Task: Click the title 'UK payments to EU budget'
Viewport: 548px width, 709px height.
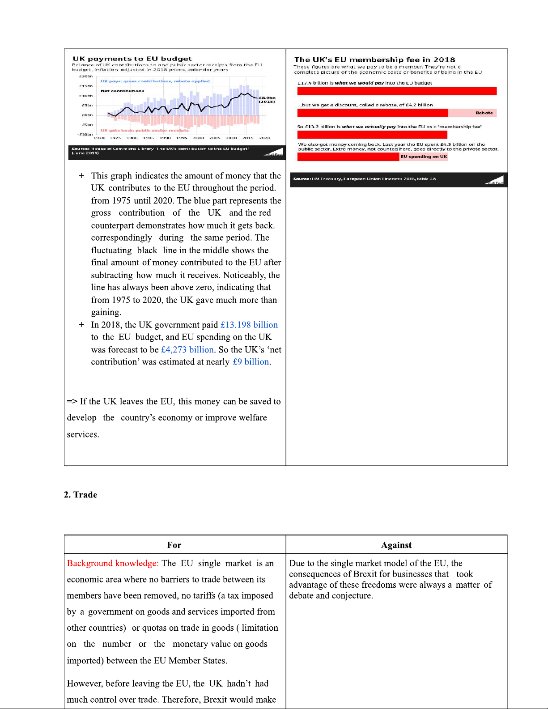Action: click(x=132, y=59)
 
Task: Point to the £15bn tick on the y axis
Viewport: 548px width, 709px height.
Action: click(x=86, y=86)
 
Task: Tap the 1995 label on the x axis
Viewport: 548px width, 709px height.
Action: click(x=182, y=138)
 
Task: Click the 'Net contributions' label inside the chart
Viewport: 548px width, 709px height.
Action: click(x=122, y=91)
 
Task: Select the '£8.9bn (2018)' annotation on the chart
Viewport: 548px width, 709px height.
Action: click(x=267, y=99)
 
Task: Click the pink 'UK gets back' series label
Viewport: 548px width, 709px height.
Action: click(x=144, y=131)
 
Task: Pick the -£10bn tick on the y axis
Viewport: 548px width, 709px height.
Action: click(x=85, y=134)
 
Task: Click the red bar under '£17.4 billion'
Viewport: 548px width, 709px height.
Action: click(x=397, y=91)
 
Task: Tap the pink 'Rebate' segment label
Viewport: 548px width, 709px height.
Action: click(x=484, y=113)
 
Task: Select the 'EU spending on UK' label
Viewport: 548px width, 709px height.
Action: click(x=424, y=157)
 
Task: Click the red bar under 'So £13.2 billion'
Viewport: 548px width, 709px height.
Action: click(x=372, y=135)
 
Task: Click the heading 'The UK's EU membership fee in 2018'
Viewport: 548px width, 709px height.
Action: click(x=374, y=59)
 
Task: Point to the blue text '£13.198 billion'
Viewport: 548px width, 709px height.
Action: click(x=249, y=325)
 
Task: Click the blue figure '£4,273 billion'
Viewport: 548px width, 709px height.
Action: click(x=187, y=349)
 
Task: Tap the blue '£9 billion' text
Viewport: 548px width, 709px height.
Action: click(x=251, y=362)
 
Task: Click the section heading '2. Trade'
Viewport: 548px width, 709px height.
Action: click(x=81, y=495)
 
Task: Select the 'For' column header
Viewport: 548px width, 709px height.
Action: click(x=174, y=545)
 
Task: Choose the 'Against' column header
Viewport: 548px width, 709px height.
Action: click(x=396, y=545)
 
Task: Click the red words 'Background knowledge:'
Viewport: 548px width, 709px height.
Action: click(x=113, y=563)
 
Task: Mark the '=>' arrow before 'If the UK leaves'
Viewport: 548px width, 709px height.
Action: click(x=72, y=402)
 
